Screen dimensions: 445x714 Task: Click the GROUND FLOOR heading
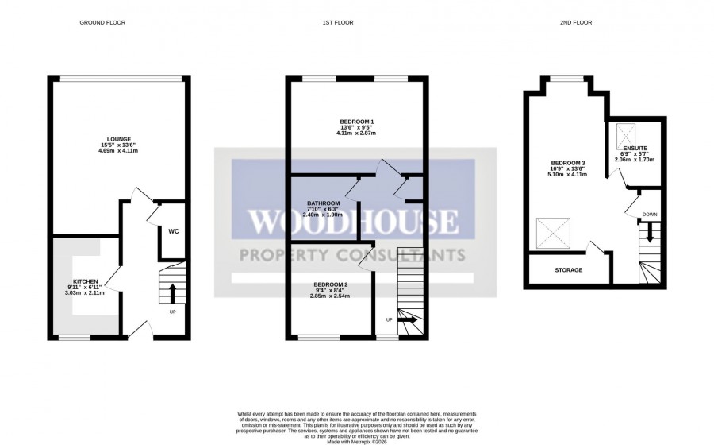(x=102, y=22)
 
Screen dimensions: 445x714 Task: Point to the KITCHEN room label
(x=86, y=282)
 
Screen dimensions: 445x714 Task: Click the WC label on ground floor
(x=172, y=231)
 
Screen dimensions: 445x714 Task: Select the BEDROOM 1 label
(x=356, y=122)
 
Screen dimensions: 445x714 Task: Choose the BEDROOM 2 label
(x=330, y=284)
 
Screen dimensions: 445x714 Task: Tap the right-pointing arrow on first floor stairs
(x=409, y=320)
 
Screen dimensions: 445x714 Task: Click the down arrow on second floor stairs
(x=649, y=233)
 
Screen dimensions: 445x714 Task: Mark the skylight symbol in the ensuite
(x=624, y=130)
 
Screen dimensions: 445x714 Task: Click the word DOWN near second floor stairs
(x=649, y=214)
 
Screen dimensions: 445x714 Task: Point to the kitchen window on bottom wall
(x=75, y=337)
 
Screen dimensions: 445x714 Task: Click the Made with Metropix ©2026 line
(x=357, y=440)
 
